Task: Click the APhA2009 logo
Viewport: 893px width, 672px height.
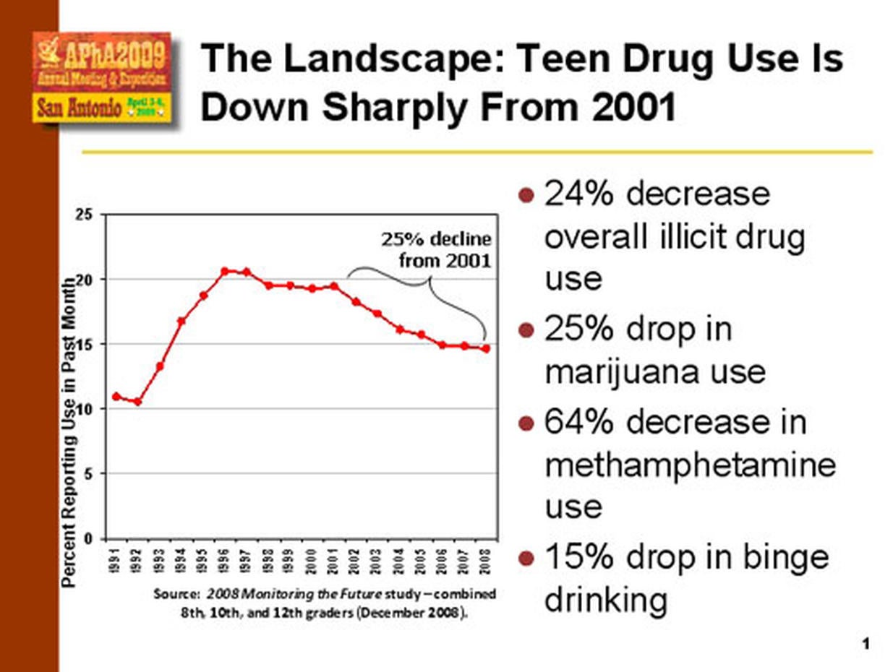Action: pos(101,77)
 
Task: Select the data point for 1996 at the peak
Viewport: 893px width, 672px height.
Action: pos(224,271)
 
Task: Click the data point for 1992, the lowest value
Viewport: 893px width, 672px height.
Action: pos(137,402)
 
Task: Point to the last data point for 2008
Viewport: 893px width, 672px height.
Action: pos(486,348)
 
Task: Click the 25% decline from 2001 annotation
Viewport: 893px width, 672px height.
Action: pos(436,249)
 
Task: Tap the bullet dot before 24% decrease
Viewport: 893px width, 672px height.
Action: pos(527,195)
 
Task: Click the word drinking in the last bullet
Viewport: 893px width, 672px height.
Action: pos(605,600)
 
